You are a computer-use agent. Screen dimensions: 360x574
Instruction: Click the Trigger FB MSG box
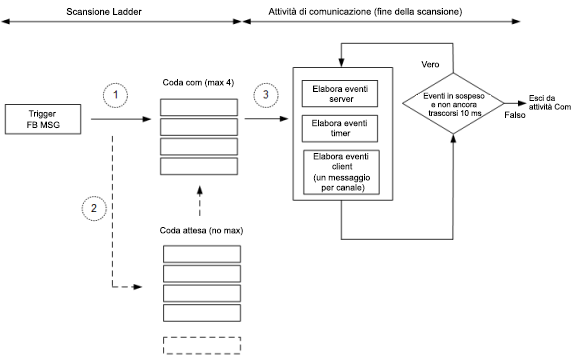[x=47, y=119]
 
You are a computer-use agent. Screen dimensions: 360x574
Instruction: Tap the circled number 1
[x=118, y=94]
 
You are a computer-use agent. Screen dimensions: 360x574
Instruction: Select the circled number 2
[x=92, y=208]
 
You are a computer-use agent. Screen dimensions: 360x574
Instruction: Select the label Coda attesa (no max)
[x=201, y=230]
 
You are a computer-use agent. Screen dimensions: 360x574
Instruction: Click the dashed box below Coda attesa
[x=201, y=347]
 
